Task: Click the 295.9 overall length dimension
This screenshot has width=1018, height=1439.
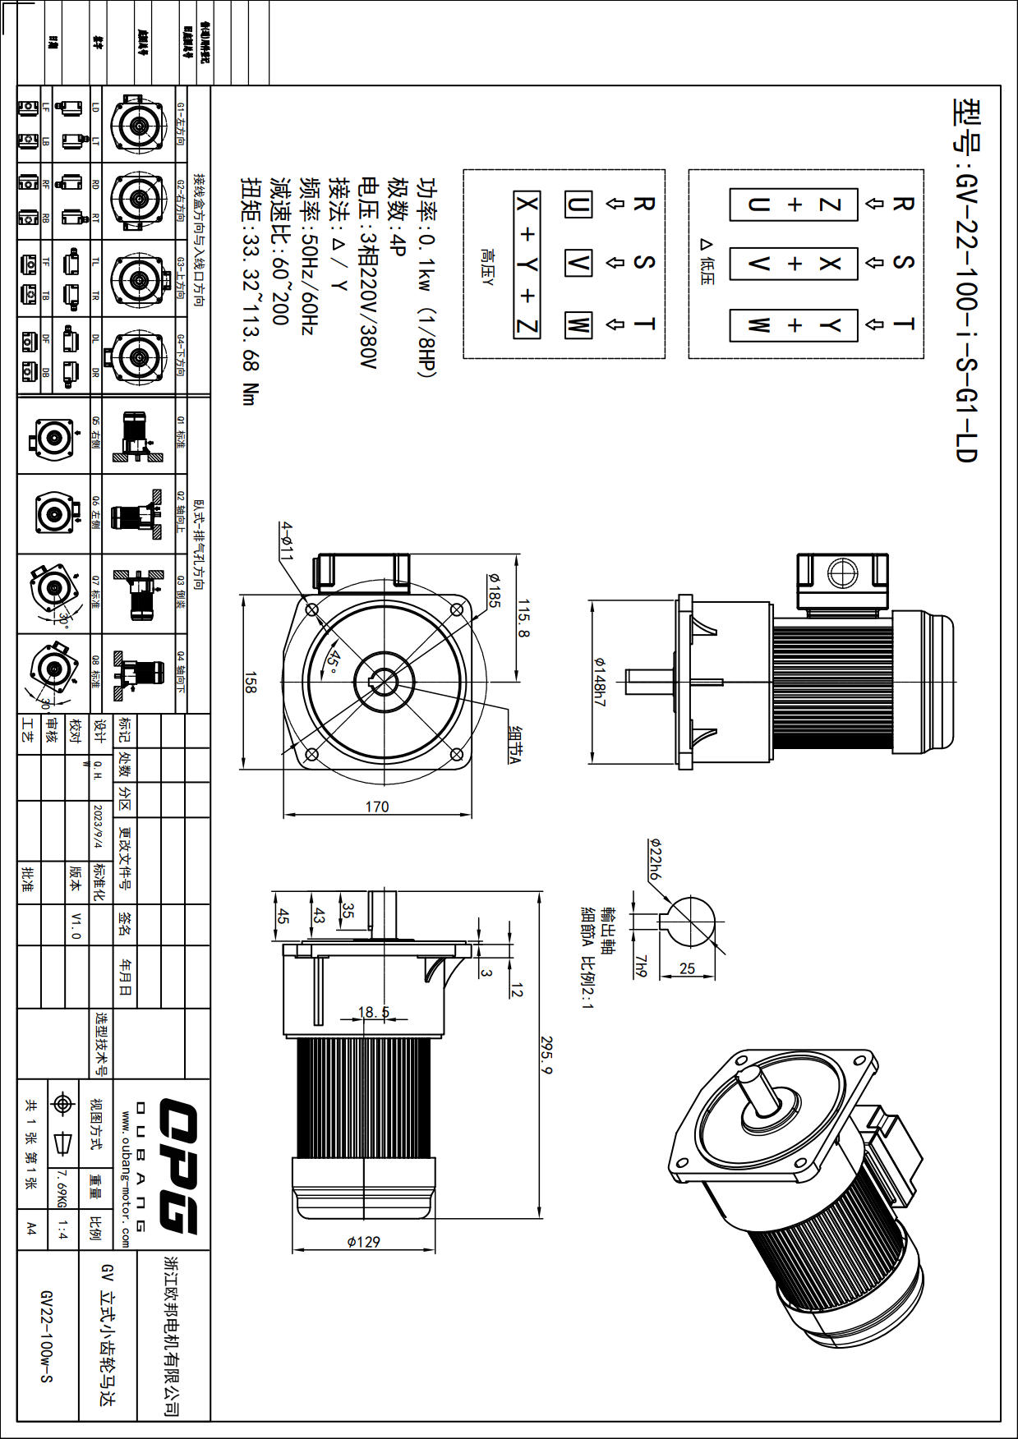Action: click(546, 1055)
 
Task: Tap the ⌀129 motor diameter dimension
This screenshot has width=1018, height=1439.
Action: click(363, 1241)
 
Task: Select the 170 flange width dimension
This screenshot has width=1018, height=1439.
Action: click(377, 807)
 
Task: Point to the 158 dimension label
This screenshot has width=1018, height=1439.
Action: click(251, 683)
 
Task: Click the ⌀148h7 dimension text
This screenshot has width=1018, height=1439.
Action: click(600, 682)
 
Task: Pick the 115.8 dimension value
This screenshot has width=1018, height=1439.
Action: click(523, 618)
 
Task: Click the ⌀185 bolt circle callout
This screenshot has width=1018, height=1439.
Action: click(493, 590)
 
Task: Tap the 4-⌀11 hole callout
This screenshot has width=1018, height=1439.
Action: click(285, 540)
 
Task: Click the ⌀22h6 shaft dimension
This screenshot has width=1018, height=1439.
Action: click(654, 859)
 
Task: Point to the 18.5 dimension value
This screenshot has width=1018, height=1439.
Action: click(374, 1012)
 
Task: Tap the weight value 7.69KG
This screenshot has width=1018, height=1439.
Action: click(62, 1188)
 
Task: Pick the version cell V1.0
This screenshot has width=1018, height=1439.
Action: click(76, 924)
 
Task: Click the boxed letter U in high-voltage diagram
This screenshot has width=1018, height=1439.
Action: click(578, 204)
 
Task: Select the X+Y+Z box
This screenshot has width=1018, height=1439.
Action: click(527, 264)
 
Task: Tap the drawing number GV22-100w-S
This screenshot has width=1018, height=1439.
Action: click(47, 1336)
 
